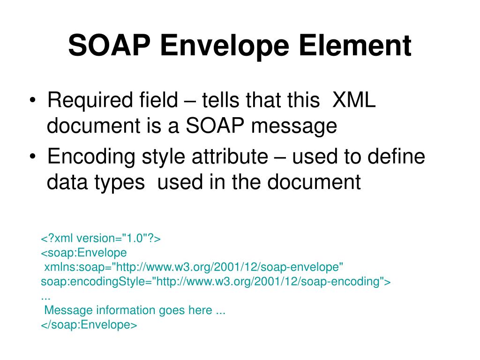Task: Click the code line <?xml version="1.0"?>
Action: click(x=101, y=239)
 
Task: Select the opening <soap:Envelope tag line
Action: click(x=84, y=253)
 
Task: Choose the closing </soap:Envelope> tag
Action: click(x=89, y=325)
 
